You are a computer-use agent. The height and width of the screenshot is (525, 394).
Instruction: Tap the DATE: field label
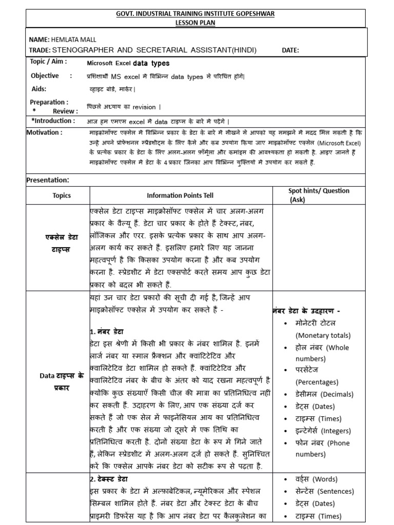[291, 50]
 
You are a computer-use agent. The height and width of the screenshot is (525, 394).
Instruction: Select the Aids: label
[39, 89]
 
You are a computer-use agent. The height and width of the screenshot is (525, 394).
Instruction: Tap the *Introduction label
[53, 121]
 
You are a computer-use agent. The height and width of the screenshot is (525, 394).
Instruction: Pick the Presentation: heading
[47, 180]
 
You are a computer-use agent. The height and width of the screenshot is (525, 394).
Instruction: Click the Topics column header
[62, 195]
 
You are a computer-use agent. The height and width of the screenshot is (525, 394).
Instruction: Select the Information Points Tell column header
[180, 195]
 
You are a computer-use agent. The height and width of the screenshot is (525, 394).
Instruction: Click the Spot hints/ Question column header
[319, 191]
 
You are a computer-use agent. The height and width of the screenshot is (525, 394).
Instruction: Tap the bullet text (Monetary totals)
[323, 335]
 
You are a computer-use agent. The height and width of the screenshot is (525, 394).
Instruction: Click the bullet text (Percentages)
[317, 382]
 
